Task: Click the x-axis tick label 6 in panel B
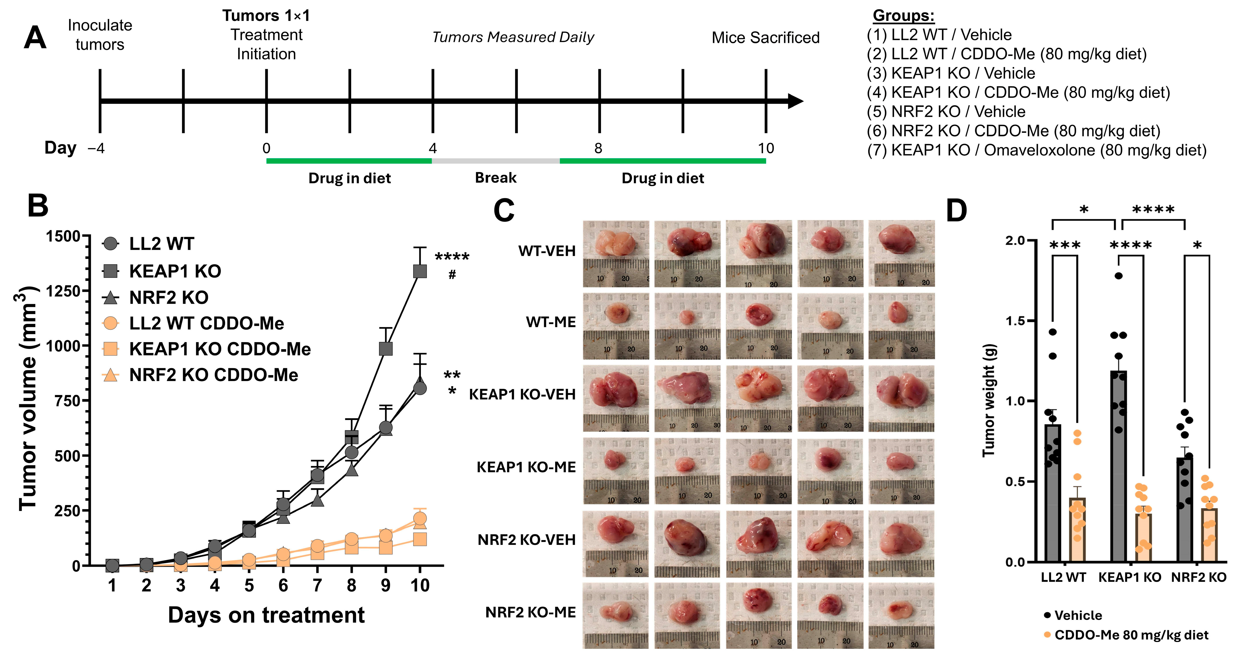click(283, 585)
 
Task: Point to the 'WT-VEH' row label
click(547, 251)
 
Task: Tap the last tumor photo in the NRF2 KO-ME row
click(901, 615)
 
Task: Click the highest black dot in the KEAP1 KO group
click(1119, 276)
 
